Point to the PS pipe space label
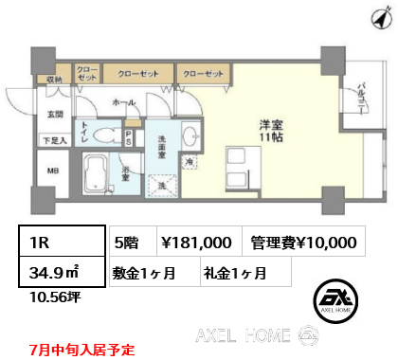131,135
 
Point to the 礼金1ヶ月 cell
234,273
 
